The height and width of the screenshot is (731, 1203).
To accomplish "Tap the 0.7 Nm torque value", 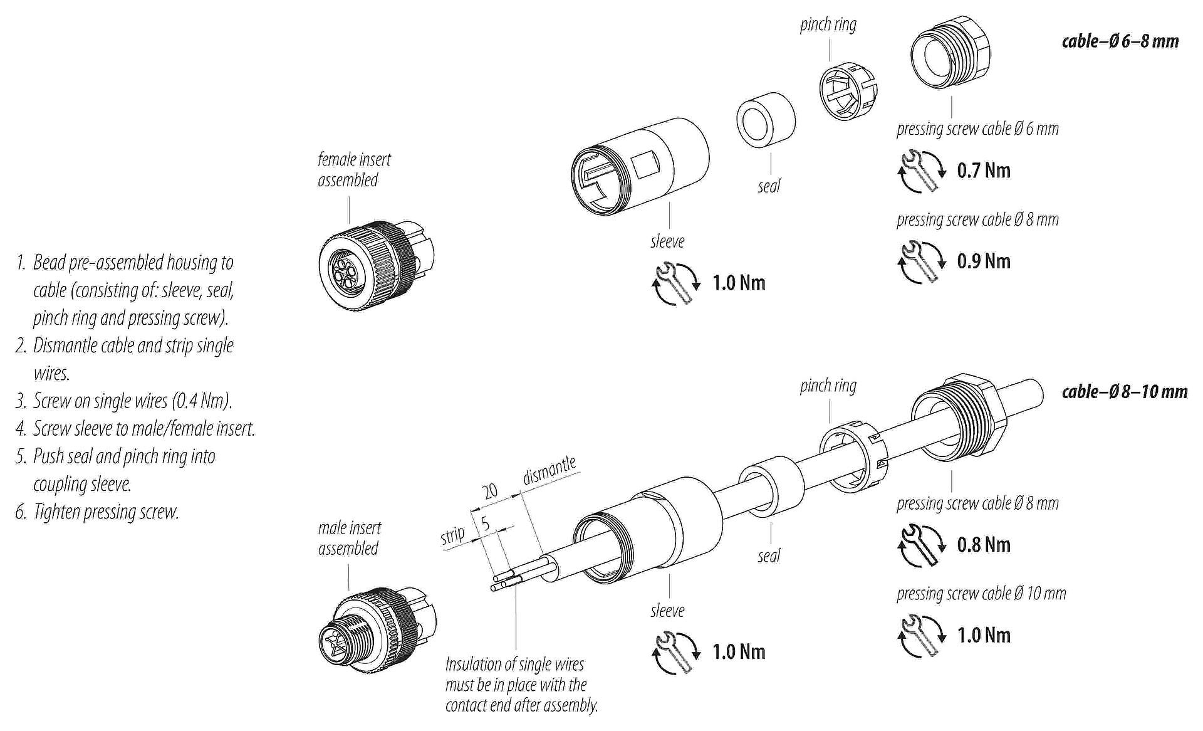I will pos(983,171).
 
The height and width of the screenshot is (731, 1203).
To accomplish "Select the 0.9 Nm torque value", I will pos(983,261).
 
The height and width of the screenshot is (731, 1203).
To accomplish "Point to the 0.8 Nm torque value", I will pos(983,545).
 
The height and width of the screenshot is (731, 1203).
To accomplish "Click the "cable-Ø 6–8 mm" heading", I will pos(1120,41).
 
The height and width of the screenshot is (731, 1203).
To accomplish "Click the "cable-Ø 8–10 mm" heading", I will pos(1124,392).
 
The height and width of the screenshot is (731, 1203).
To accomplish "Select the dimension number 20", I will pos(491,490).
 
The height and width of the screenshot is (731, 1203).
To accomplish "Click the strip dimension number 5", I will pos(485,523).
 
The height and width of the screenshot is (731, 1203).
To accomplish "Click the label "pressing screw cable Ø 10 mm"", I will pos(981,593).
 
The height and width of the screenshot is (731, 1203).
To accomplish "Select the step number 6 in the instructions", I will pos(21,512).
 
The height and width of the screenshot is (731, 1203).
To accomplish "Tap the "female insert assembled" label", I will pos(353,170).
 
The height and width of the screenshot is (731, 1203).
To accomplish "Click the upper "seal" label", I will pos(768,186).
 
